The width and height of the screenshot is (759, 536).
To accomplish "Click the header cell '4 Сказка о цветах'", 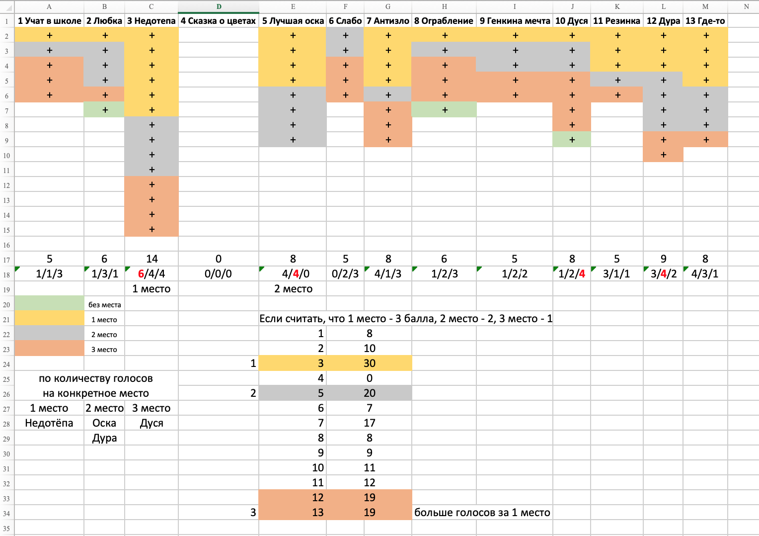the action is pos(218,21).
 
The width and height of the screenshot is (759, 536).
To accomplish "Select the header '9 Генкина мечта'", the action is pos(514,21).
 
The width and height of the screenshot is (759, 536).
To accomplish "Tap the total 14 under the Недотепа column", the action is pos(152,259).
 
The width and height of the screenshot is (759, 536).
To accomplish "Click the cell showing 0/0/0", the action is pos(218,274).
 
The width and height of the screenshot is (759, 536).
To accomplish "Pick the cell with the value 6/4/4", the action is pos(152,274).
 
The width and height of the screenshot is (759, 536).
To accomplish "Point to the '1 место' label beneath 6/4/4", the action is pos(152,289).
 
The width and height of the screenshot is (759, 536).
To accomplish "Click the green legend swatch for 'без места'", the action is pos(50,303).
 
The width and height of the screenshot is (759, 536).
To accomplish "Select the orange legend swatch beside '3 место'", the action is pos(50,349).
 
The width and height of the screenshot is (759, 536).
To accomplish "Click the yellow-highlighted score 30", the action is pos(370,363).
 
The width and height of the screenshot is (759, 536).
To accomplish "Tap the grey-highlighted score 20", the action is pos(370,393).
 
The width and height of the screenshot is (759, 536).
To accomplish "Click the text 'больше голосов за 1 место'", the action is pos(482,512).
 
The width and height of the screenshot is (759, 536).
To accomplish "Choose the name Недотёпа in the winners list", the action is pos(49,423).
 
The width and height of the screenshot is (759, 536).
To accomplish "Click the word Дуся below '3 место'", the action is pos(152,423).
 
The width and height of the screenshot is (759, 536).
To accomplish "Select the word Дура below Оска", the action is pos(104,438).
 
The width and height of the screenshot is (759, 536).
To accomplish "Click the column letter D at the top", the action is pos(219,6).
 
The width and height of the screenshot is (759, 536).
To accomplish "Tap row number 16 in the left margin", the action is pos(6,245).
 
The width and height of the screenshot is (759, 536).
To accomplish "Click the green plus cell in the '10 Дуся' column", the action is pos(572,139).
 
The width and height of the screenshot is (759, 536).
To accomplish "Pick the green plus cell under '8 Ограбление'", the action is pos(444,109).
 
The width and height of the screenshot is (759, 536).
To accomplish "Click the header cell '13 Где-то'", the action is pos(705,21).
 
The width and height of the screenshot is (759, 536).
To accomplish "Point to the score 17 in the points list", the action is pos(370,423).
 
